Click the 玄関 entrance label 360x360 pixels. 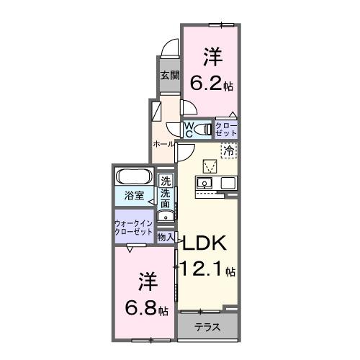point(169,75)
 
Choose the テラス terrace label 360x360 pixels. point(209,327)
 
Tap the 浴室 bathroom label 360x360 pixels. point(132,196)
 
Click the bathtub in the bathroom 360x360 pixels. point(135,177)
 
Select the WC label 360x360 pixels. point(189,129)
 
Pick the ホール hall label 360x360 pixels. point(162,144)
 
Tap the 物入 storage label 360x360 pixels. point(166,236)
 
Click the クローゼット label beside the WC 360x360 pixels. point(225,130)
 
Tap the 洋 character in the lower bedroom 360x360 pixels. point(148,282)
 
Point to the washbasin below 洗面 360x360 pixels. point(164,214)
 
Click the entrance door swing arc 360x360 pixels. point(168,50)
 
